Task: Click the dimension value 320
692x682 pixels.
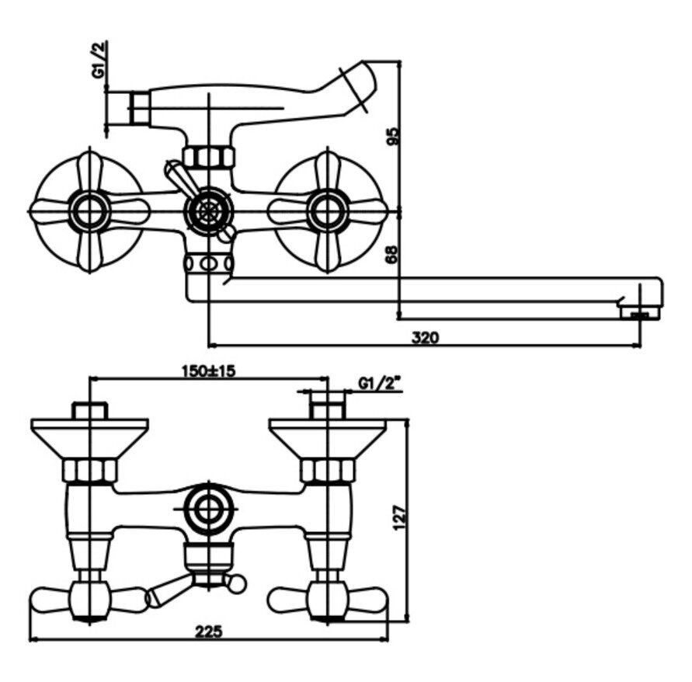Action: pos(425,336)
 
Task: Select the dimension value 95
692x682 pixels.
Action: pos(393,137)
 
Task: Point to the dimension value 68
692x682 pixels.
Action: pos(393,253)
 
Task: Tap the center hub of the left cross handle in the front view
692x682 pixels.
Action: pos(89,210)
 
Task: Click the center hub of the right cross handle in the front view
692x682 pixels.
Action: pos(327,210)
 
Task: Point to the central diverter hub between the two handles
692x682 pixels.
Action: pos(207,210)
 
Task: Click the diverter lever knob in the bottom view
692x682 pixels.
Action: pos(239,582)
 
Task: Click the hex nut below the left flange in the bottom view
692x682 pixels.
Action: pos(90,470)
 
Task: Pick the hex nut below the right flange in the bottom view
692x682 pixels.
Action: pos(327,470)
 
